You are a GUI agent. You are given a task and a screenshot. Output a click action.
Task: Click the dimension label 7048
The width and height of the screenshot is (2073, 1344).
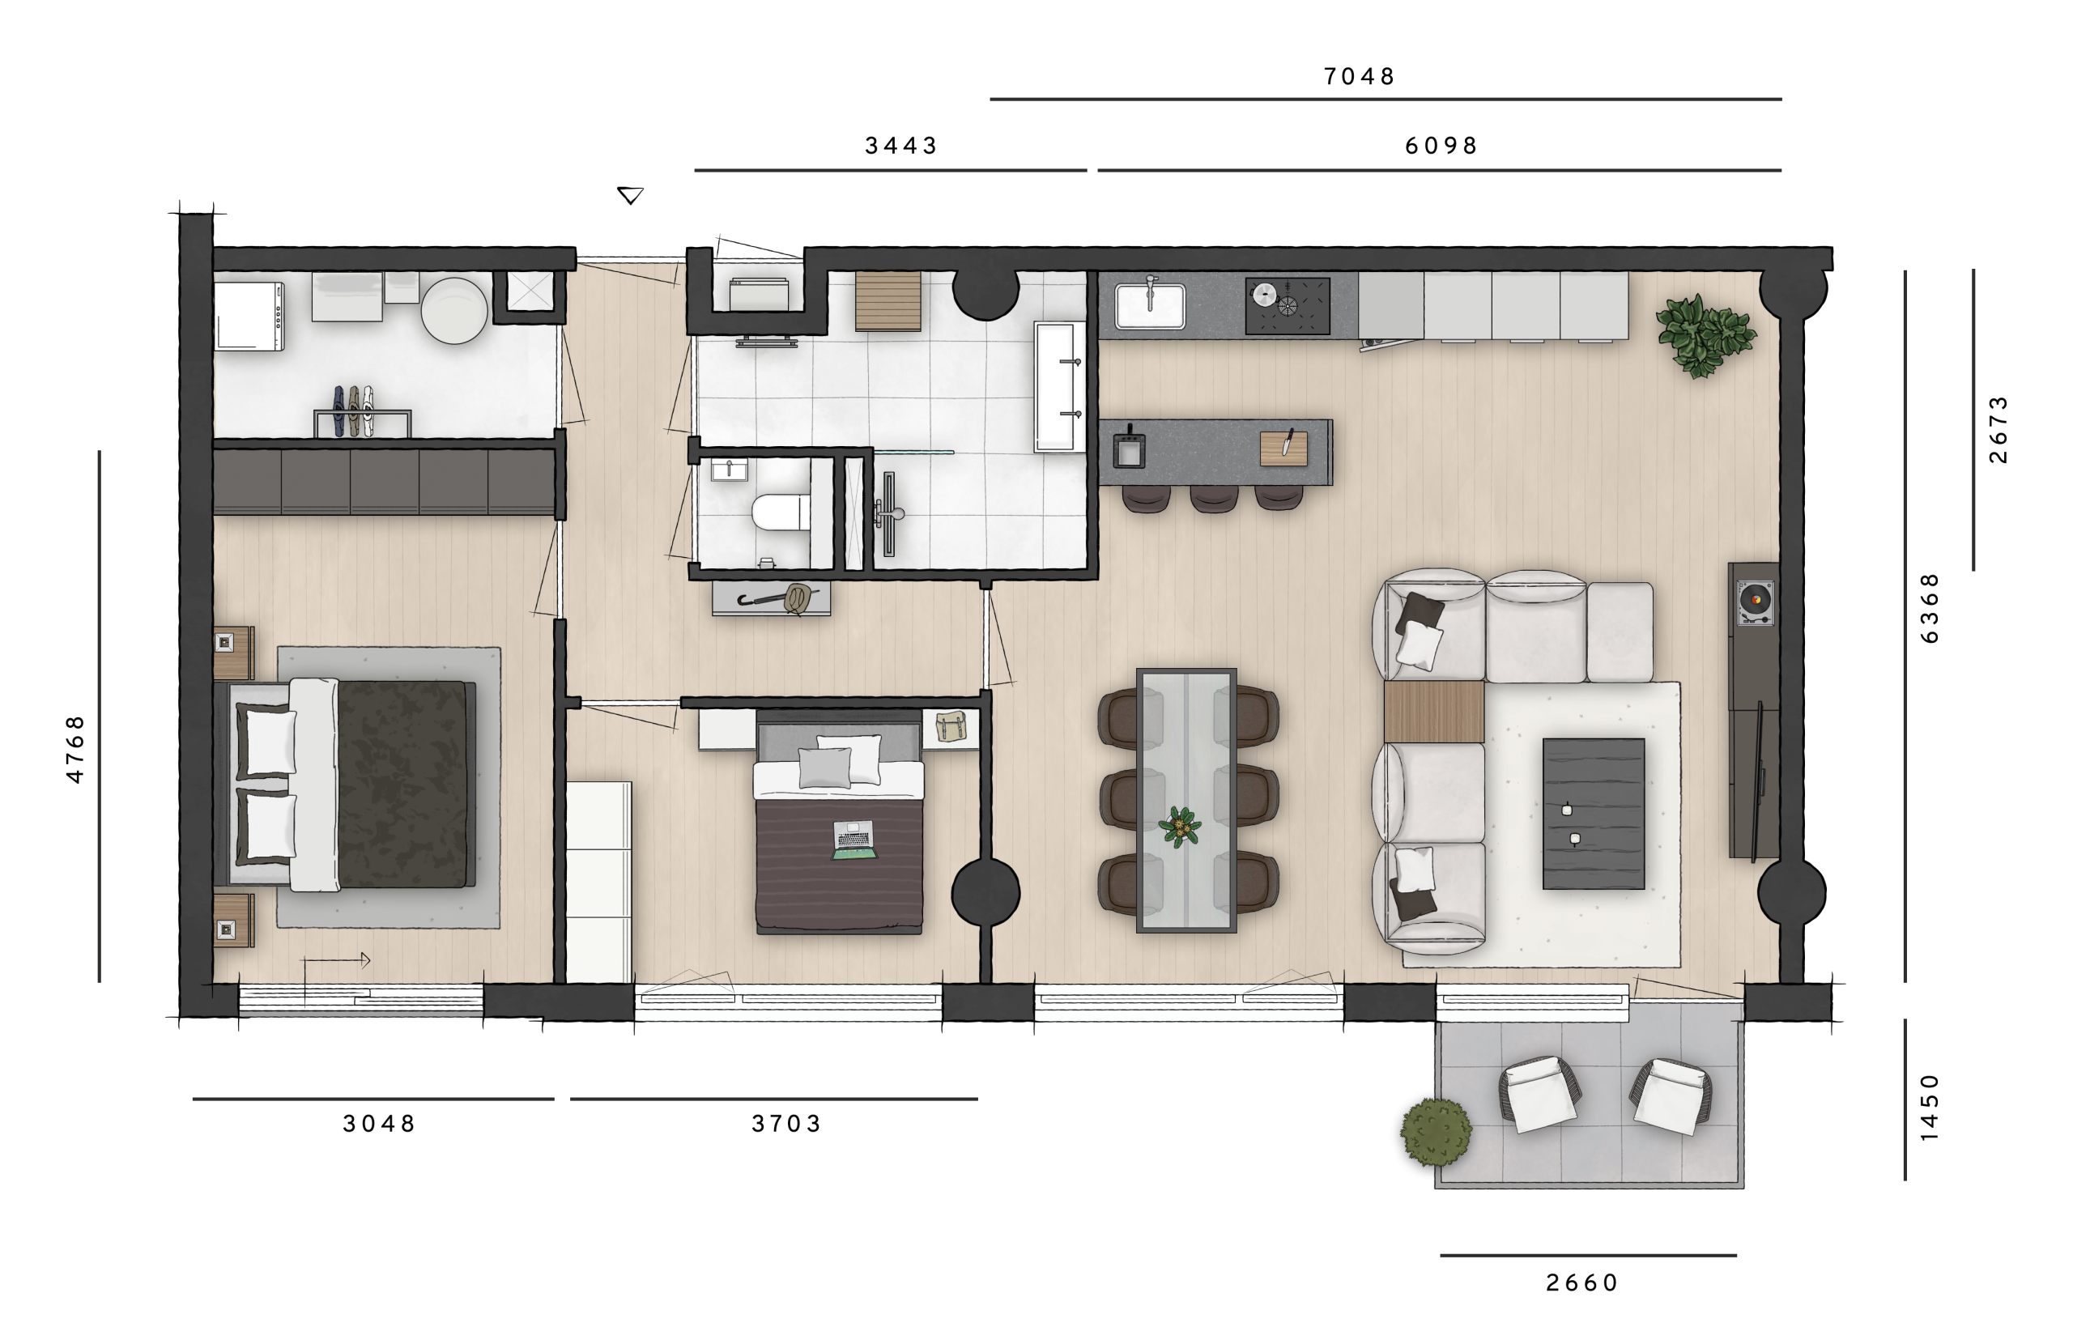point(1359,77)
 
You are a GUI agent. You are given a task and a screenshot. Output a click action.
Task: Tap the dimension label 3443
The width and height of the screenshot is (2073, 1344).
point(900,146)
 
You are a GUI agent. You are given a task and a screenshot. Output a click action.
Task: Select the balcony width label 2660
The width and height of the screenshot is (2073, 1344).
point(1581,1282)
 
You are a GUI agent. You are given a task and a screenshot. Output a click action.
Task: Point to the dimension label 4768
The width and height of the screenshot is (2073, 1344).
point(76,748)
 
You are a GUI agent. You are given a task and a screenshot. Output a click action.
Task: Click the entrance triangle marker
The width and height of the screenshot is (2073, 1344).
point(630,194)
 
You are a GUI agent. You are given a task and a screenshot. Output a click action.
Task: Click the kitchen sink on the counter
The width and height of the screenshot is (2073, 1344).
point(1150,306)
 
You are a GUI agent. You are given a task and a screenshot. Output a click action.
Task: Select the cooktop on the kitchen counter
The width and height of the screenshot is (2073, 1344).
point(1288,306)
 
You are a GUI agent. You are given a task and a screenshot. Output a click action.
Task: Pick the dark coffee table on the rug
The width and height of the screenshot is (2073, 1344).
point(1593,814)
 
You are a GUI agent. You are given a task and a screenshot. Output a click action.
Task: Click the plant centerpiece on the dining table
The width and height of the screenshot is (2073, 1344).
point(1179,827)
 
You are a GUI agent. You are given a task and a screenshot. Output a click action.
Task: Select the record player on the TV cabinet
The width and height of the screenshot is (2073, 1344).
point(1755,601)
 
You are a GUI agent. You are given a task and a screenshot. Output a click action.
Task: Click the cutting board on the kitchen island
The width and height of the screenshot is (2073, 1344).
point(1283,448)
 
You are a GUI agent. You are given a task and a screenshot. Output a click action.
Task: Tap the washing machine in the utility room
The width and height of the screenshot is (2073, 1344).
point(249,317)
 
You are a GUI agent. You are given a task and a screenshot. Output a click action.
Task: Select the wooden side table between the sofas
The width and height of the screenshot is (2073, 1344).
point(1433,712)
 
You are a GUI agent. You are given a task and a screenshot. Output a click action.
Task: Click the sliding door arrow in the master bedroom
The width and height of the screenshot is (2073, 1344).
point(336,960)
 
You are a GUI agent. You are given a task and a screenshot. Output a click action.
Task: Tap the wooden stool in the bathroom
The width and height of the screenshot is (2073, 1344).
point(888,301)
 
